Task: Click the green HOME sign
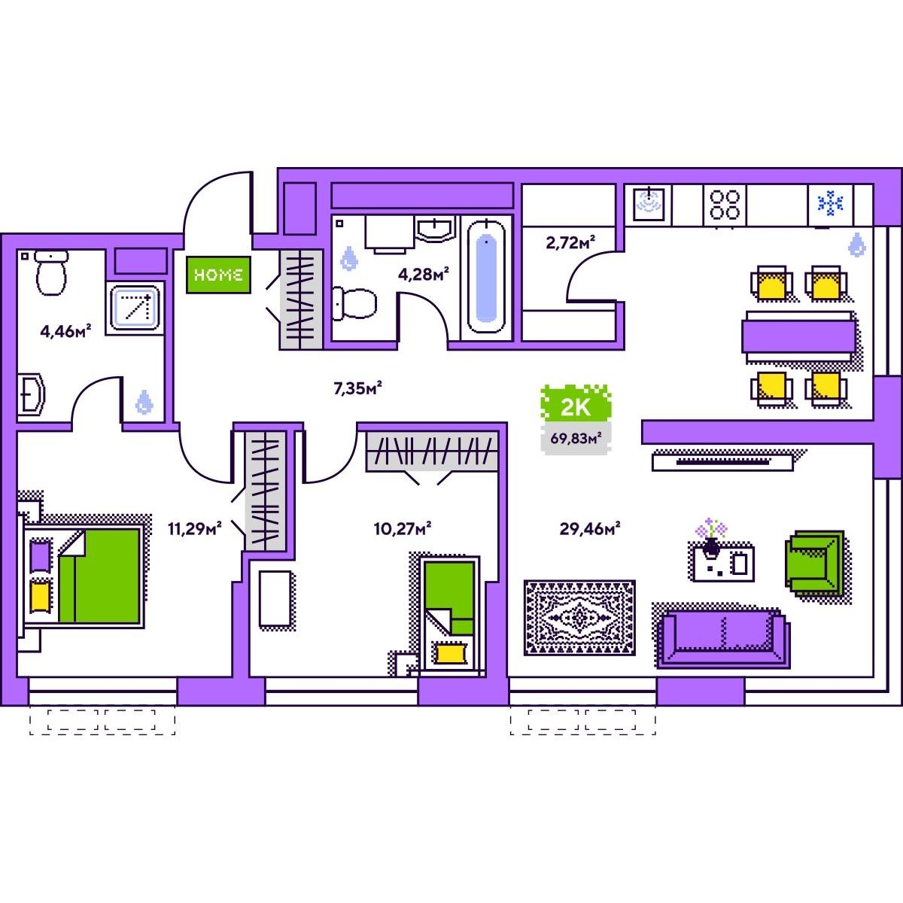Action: [x=217, y=275]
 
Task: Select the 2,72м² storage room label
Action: [x=570, y=242]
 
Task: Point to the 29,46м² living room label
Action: [x=589, y=529]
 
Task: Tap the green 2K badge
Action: [x=576, y=407]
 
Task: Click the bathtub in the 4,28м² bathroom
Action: [x=486, y=276]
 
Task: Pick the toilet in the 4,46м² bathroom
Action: [x=51, y=274]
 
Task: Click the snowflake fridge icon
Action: [x=831, y=203]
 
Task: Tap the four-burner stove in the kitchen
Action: [x=725, y=204]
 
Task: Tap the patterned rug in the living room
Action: [x=579, y=618]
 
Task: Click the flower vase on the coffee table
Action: [x=711, y=540]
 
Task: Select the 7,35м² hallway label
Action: [x=357, y=388]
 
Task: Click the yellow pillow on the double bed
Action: [x=41, y=595]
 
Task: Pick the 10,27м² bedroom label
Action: [x=402, y=529]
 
